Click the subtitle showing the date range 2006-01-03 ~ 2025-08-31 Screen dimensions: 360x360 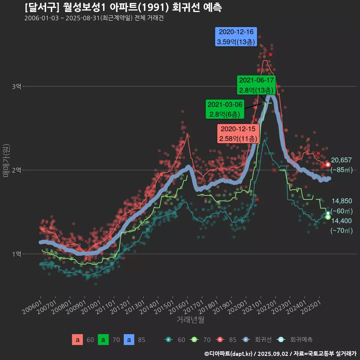pyautogui.click(x=94, y=18)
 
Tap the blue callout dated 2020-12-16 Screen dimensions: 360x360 pyautogui.click(x=236, y=37)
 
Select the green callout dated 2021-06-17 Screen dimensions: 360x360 pyautogui.click(x=257, y=85)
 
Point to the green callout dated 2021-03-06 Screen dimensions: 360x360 pyautogui.click(x=225, y=109)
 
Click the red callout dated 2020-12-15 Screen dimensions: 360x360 pyautogui.click(x=238, y=134)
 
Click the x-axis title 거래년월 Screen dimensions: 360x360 pyautogui.click(x=190, y=320)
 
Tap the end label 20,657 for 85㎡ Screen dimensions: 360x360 pyautogui.click(x=341, y=160)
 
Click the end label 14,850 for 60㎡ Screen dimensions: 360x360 pyautogui.click(x=341, y=201)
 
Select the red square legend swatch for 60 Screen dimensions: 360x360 pyautogui.click(x=77, y=340)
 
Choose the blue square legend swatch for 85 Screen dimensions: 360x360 pyautogui.click(x=129, y=340)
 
